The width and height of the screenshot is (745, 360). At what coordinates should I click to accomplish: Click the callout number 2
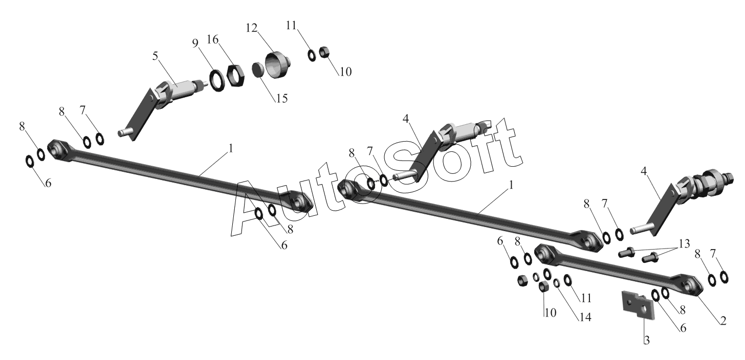point(723,321)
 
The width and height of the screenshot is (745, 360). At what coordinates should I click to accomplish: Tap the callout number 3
point(647,340)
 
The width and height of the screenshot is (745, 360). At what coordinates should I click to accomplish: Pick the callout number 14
point(585,317)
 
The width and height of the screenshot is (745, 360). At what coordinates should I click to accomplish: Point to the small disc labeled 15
point(257,70)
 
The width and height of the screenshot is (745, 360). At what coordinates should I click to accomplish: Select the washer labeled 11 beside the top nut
point(312,55)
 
